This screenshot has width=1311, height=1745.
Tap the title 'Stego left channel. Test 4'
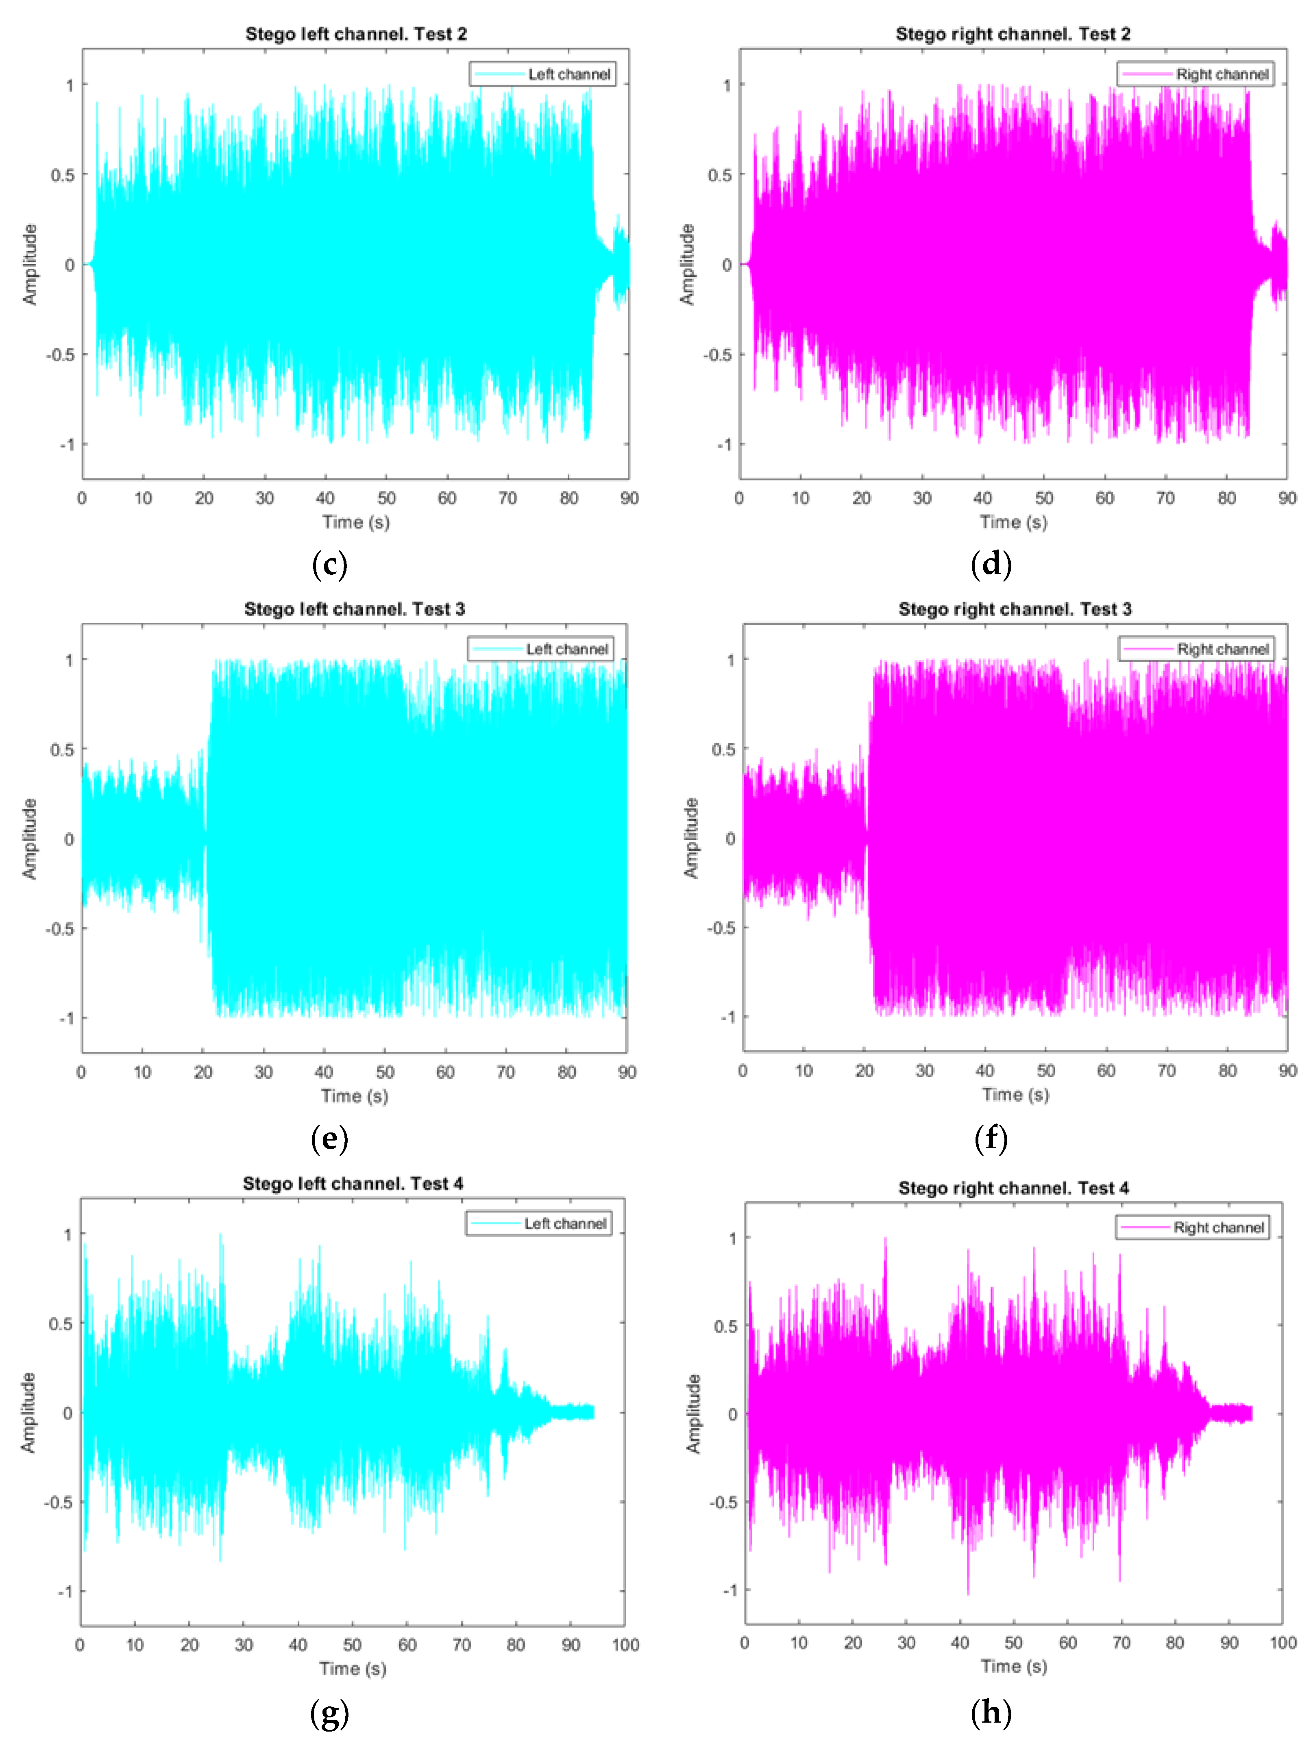[353, 1183]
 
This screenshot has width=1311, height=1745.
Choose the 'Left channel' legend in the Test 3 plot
[541, 649]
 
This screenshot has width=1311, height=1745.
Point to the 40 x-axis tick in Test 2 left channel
[325, 498]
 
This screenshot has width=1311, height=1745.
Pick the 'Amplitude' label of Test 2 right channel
[688, 264]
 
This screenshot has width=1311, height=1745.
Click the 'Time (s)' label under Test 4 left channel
[353, 1669]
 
